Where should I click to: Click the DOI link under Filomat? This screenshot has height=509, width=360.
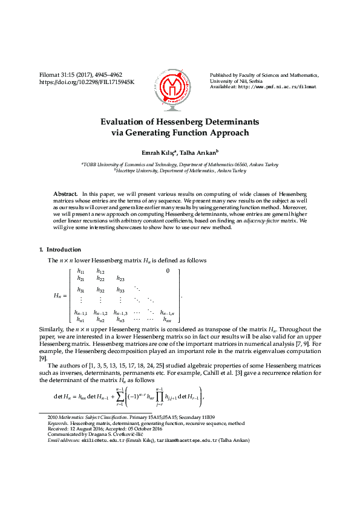(87, 82)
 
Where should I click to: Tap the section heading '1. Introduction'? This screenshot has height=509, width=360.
(60, 249)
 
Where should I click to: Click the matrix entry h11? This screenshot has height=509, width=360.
(80, 271)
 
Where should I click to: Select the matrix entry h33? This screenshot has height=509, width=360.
(120, 290)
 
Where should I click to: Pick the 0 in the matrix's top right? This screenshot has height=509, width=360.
(167, 271)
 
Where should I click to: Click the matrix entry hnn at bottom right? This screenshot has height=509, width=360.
(167, 319)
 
